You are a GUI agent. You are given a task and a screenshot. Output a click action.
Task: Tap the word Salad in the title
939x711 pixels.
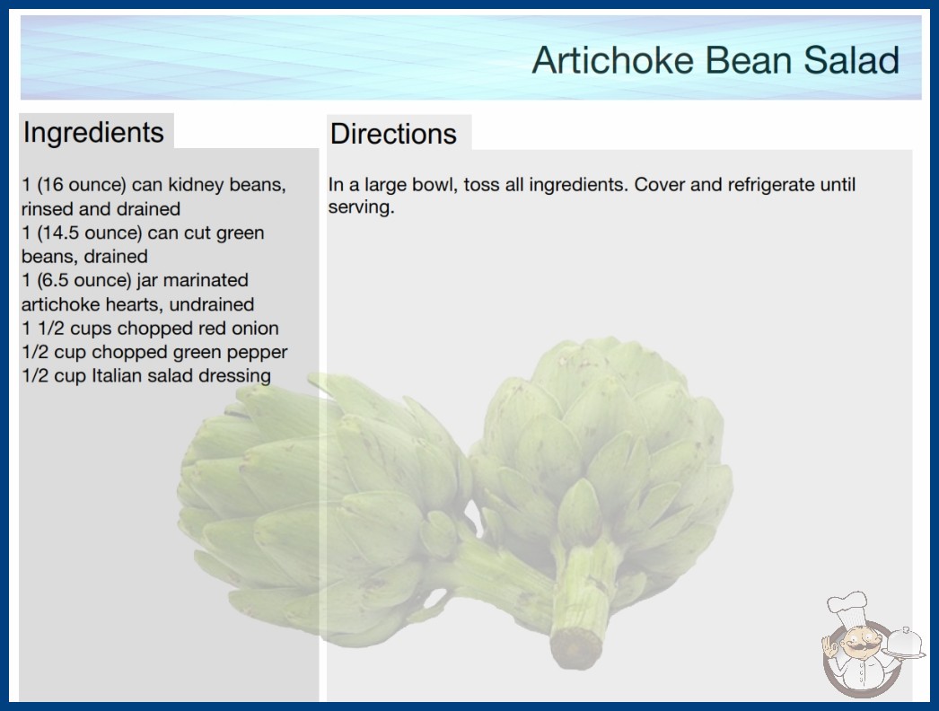pos(851,60)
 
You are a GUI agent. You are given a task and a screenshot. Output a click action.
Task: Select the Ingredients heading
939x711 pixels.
pos(93,133)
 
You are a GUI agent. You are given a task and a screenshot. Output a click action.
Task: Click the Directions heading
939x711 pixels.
pos(393,134)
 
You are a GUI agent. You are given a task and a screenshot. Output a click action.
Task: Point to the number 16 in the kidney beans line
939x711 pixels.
pos(52,185)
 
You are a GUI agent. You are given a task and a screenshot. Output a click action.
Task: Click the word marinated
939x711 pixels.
pos(206,280)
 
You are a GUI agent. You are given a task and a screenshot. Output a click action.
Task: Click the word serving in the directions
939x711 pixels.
pos(361,207)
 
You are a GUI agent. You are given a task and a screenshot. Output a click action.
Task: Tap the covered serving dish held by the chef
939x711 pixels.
pos(906,645)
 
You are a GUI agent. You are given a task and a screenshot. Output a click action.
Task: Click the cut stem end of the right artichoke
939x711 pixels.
pos(575,647)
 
